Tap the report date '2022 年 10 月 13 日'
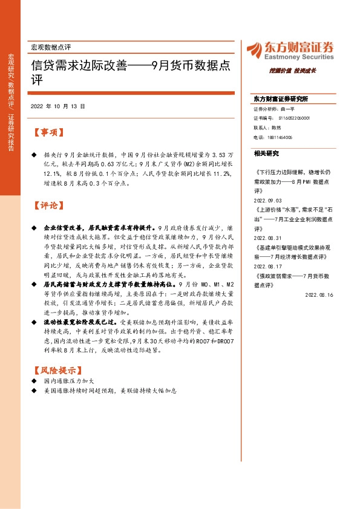tap(57, 106)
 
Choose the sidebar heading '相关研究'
tap(266, 154)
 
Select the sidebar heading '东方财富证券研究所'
tap(281, 98)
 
